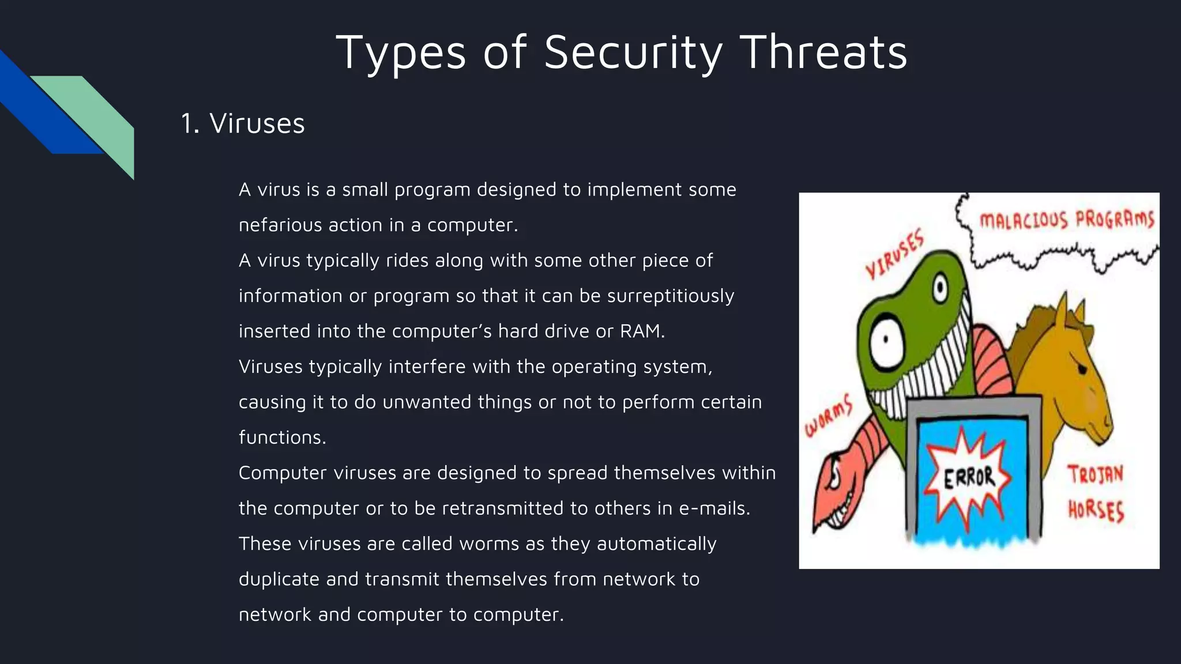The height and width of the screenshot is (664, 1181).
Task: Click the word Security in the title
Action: (633, 53)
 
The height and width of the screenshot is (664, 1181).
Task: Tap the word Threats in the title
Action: (823, 53)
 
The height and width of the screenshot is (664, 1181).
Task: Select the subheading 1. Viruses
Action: (242, 123)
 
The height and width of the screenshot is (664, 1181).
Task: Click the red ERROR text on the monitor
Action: (969, 477)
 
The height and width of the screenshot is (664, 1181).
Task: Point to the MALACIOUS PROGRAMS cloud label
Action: (1066, 220)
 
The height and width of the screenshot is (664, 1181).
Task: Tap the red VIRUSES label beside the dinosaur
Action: (894, 254)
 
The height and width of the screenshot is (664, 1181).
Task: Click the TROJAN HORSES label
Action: (1095, 493)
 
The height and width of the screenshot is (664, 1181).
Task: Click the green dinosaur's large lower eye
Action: (885, 344)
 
